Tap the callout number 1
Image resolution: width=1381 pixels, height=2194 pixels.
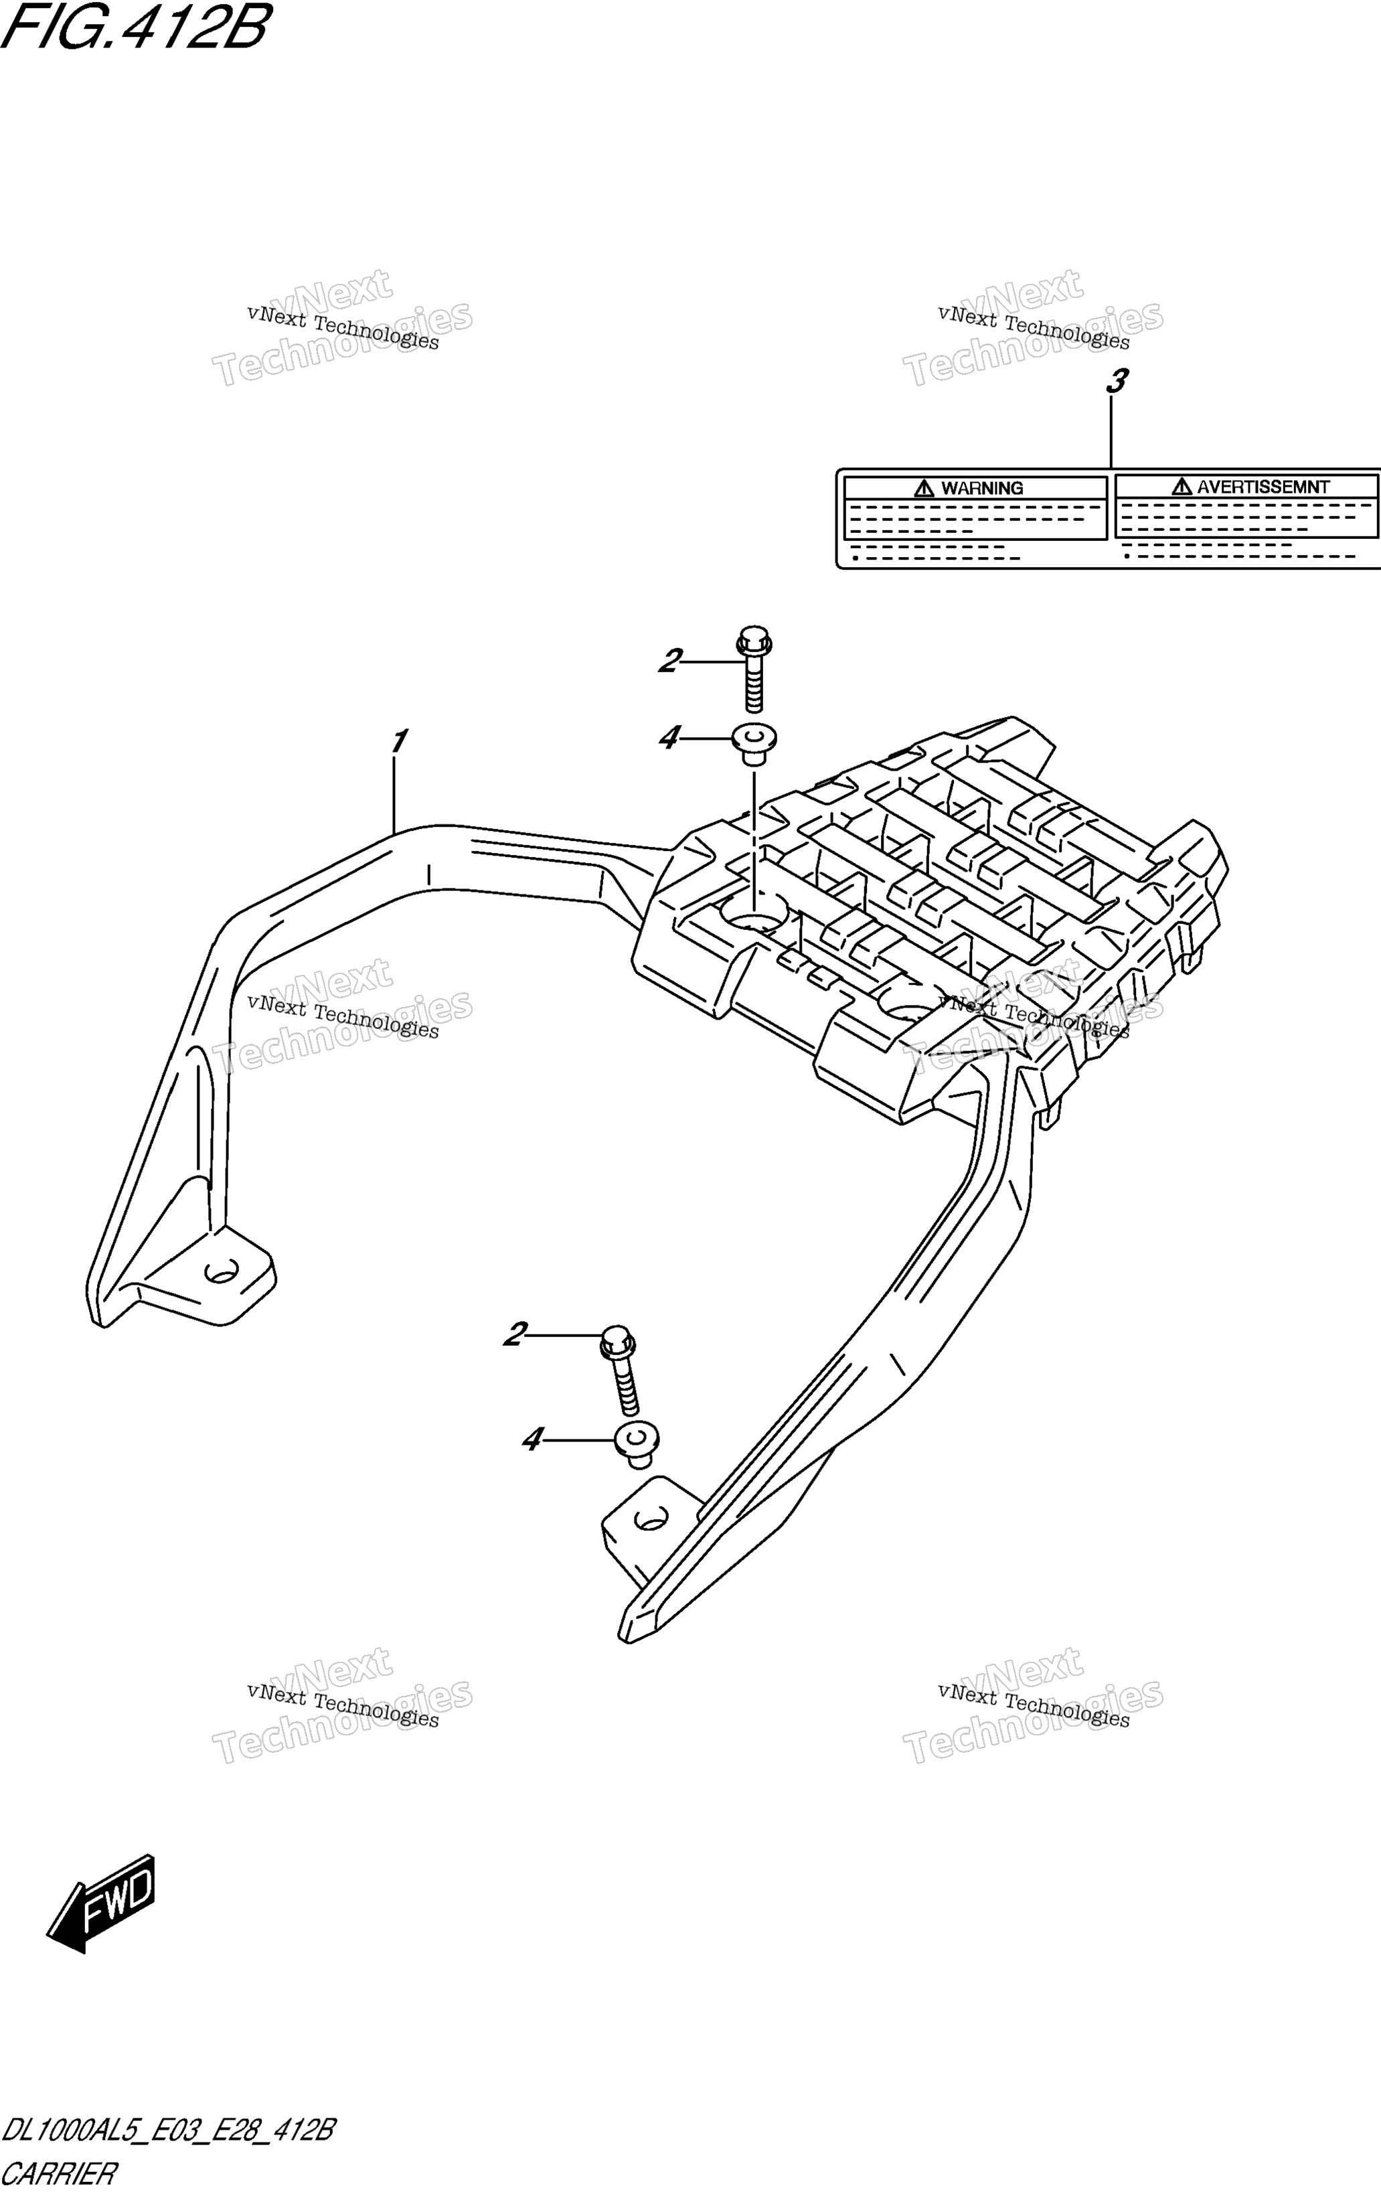point(398,742)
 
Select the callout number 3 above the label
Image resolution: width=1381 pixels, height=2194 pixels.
point(1117,381)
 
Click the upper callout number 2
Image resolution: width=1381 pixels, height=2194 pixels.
point(671,661)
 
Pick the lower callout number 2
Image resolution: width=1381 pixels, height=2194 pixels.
point(515,1336)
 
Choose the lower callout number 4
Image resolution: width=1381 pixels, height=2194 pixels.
point(532,1439)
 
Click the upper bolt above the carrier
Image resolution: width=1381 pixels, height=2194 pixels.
point(753,669)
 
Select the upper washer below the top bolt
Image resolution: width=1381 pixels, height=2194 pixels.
point(753,743)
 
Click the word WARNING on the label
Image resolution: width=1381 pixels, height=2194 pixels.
point(982,488)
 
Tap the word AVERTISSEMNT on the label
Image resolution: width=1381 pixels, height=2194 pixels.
point(1263,487)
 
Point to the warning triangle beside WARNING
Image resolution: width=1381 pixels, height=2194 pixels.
point(924,487)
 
